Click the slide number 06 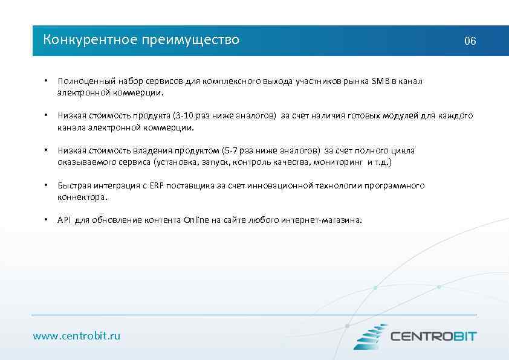470,41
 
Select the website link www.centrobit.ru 77,335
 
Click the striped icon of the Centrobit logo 369,336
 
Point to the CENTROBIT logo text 433,336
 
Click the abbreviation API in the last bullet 64,220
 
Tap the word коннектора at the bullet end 82,197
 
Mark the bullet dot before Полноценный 45,81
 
